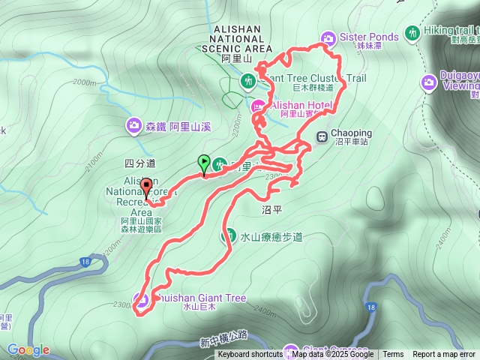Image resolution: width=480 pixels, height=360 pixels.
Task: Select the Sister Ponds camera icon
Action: tap(328, 38)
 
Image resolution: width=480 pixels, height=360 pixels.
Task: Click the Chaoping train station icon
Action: tap(322, 136)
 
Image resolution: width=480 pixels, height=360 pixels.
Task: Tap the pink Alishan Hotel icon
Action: tap(257, 106)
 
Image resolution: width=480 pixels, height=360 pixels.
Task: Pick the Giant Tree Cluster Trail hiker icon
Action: tap(247, 79)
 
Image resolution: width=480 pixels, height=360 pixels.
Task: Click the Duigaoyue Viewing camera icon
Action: tap(428, 82)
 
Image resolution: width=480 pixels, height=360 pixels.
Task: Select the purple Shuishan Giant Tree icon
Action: tap(140, 300)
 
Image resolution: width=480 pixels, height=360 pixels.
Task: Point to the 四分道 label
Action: tap(139, 163)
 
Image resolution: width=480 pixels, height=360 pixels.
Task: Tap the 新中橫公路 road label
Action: tap(223, 343)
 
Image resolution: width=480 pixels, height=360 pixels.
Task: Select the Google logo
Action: tap(28, 350)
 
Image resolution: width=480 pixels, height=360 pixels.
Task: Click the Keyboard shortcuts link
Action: tap(250, 355)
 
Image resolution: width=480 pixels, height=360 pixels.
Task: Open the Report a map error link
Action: tap(444, 355)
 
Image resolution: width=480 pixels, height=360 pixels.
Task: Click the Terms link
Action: tap(393, 355)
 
